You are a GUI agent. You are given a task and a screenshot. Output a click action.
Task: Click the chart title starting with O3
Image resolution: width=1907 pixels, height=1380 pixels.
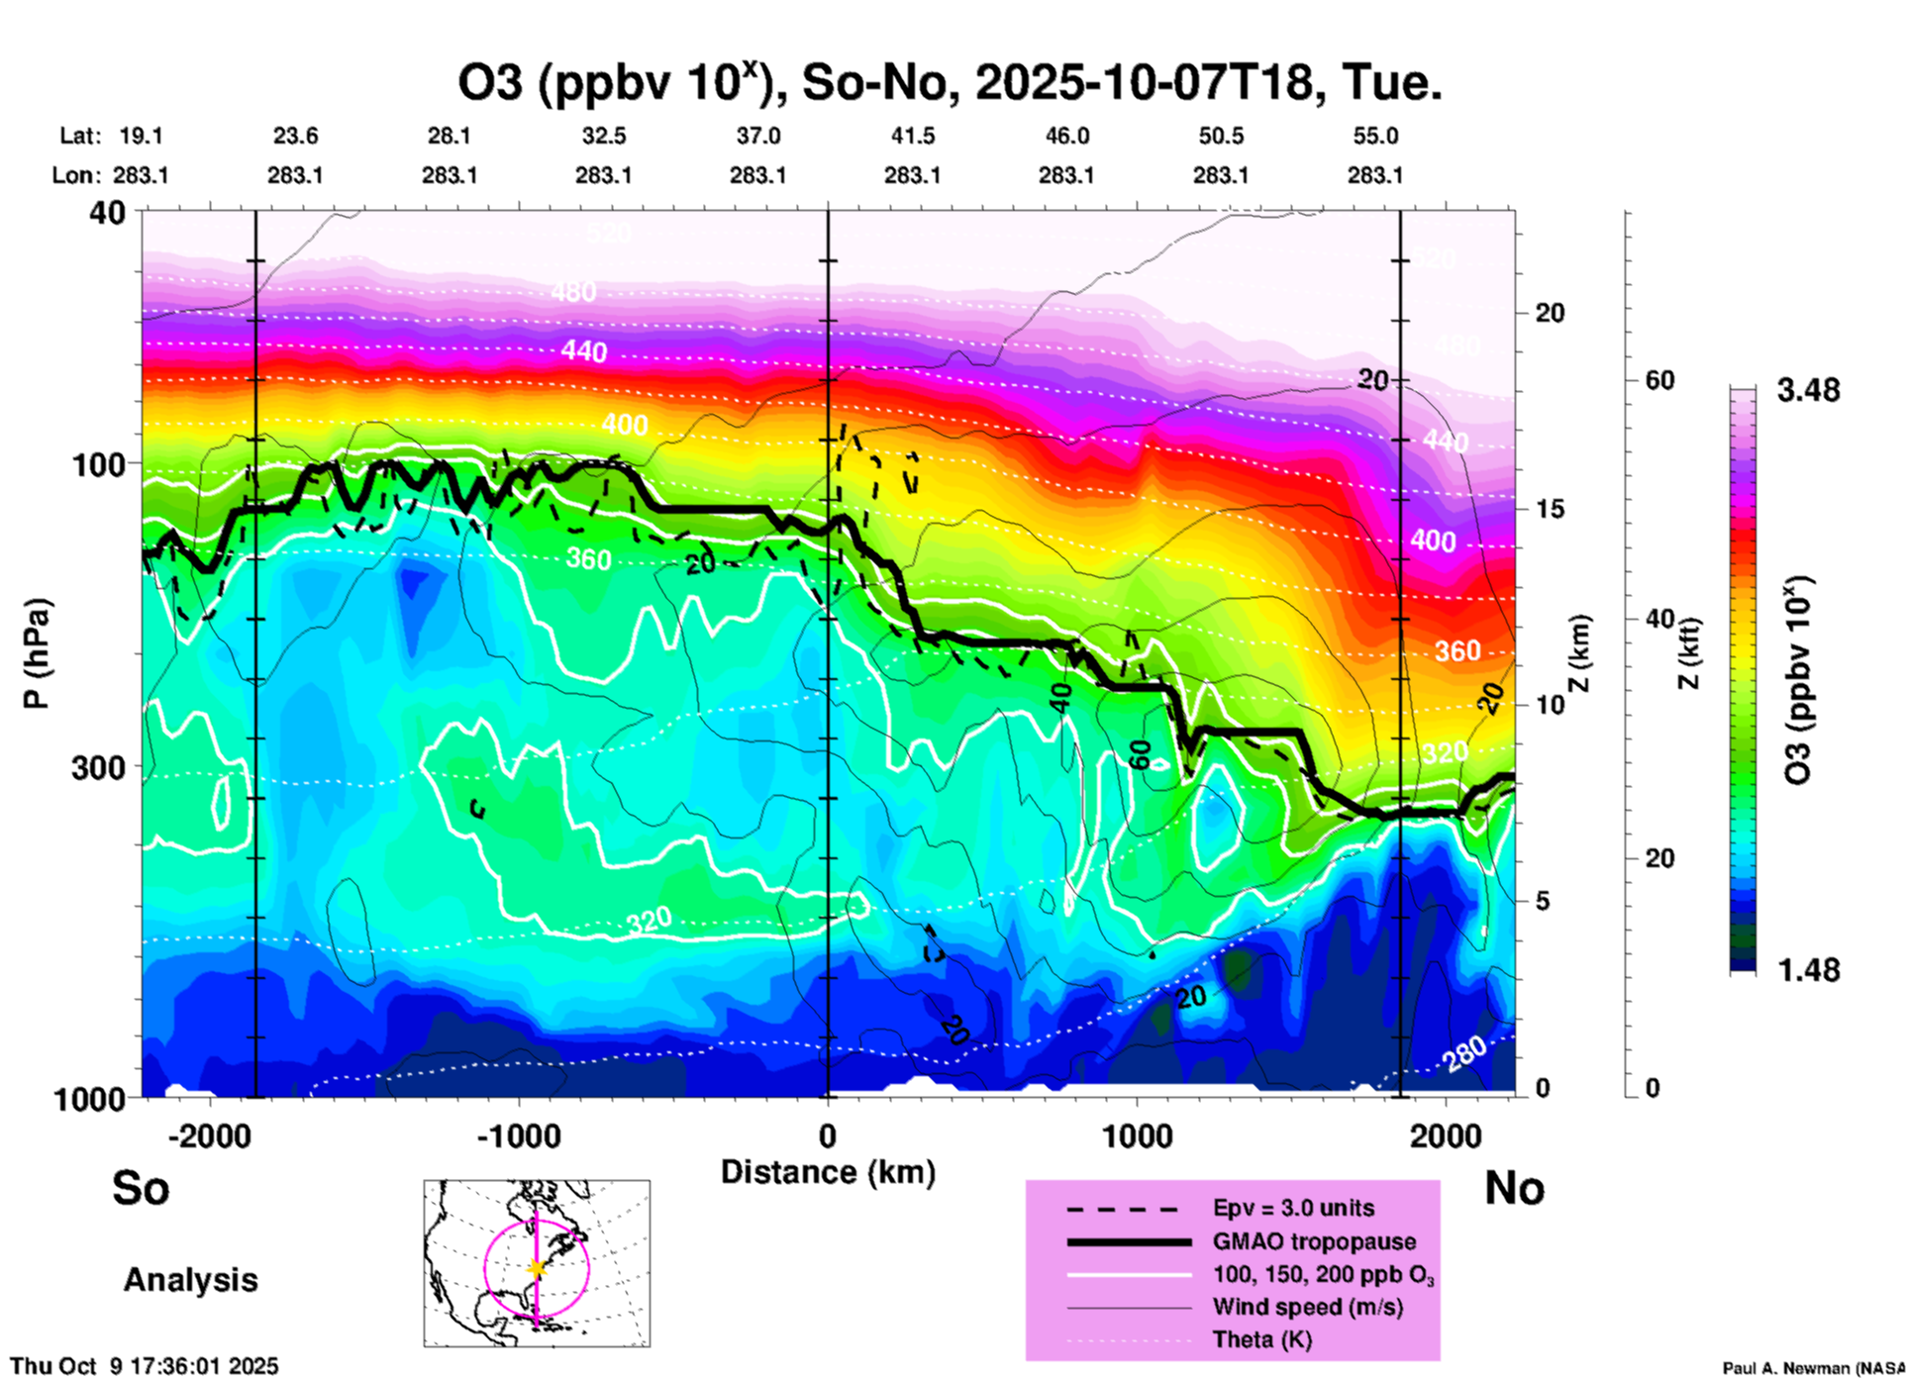[x=949, y=83]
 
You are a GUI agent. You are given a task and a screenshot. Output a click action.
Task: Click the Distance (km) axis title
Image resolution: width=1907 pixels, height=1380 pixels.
[x=828, y=1172]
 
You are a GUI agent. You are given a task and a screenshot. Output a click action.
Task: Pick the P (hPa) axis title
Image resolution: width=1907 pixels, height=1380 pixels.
[x=37, y=653]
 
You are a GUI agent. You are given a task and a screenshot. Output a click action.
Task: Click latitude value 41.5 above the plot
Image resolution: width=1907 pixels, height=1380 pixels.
[x=912, y=136]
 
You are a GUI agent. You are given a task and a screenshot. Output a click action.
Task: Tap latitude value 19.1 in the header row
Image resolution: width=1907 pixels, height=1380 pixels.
[x=141, y=136]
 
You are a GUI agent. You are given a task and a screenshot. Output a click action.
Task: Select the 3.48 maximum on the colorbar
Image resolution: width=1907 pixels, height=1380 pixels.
[x=1808, y=390]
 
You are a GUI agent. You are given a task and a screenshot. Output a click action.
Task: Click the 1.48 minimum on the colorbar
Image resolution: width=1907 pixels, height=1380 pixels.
[x=1808, y=970]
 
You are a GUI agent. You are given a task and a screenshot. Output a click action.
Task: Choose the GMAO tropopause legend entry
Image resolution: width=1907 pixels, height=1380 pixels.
[x=1314, y=1241]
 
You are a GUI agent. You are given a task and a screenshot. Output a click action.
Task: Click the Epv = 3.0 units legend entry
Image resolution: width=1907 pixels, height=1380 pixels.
[x=1293, y=1208]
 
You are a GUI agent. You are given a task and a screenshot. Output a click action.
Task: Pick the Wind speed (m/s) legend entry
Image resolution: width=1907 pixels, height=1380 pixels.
[x=1307, y=1307]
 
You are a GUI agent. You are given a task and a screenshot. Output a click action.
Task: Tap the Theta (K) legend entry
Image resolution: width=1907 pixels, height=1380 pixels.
[x=1261, y=1339]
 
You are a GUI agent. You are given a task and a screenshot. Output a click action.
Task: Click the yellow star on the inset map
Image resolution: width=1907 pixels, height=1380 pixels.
[x=537, y=1268]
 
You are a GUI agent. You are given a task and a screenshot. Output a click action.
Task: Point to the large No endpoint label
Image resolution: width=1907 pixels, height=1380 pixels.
[x=1514, y=1188]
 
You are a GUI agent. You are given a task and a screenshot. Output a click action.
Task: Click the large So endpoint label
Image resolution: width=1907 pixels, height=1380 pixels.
[x=141, y=1188]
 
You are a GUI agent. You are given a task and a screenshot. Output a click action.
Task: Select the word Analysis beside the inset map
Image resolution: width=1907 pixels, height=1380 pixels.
[x=190, y=1279]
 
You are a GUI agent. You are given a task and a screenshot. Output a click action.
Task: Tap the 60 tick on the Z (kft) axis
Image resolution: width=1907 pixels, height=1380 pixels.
[x=1659, y=380]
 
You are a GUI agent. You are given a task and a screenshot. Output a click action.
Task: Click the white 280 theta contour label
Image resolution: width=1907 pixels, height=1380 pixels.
[x=1463, y=1055]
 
